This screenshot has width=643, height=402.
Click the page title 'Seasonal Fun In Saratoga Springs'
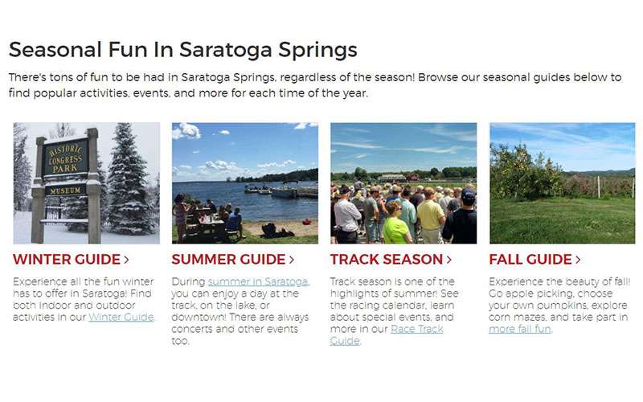coord(182,50)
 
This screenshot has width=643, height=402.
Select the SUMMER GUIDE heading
coord(229,260)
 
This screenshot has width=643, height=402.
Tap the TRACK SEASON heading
coord(387,260)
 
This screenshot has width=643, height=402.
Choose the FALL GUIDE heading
coord(530,260)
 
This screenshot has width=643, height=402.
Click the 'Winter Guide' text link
coord(121,317)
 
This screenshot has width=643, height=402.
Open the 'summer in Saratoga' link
coord(258,281)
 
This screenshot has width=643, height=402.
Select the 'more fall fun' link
coord(520,329)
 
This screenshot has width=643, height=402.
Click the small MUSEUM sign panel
coord(66,191)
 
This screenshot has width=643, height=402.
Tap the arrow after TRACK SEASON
coord(448,260)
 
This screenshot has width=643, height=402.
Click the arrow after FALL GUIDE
coord(577,260)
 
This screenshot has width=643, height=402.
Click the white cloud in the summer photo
coord(186,129)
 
